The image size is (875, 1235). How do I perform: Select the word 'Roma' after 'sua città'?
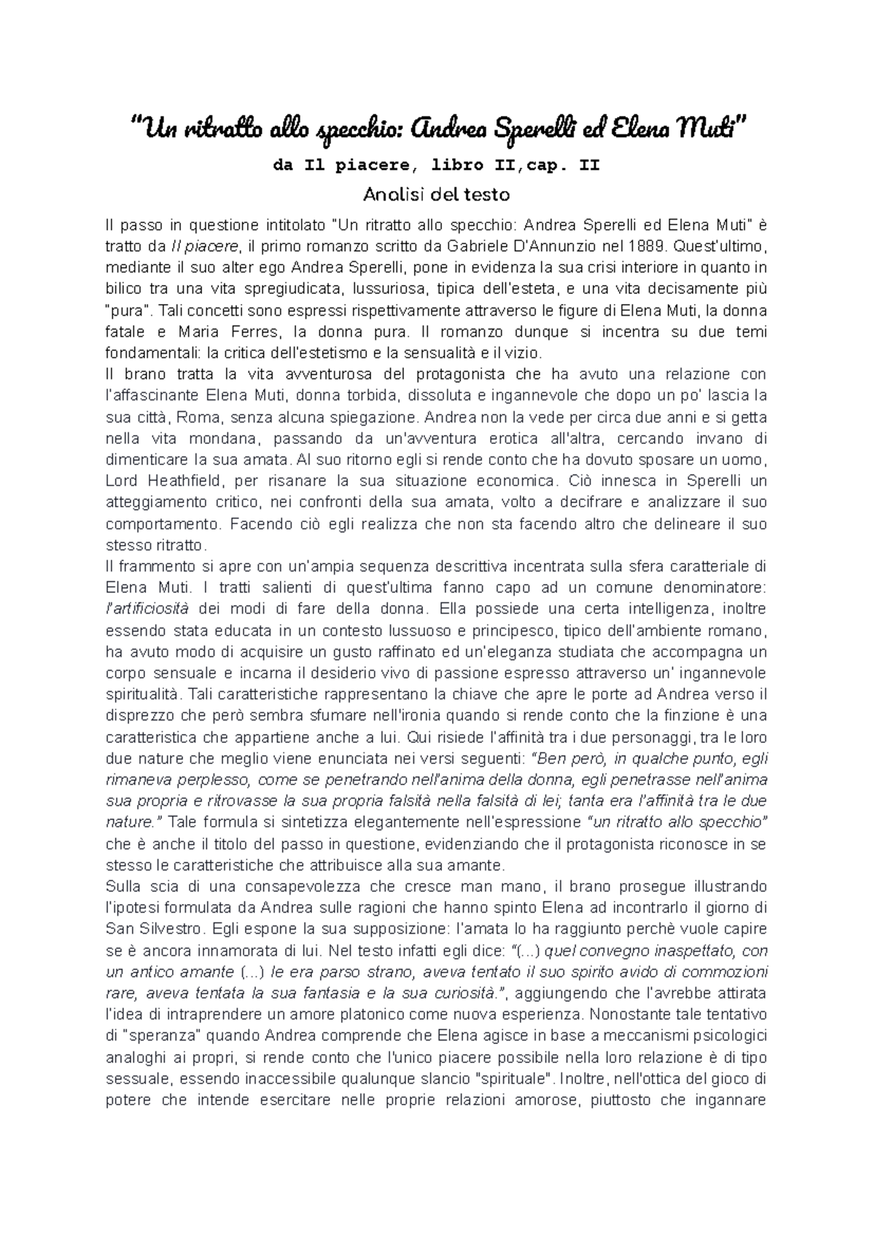click(x=195, y=418)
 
